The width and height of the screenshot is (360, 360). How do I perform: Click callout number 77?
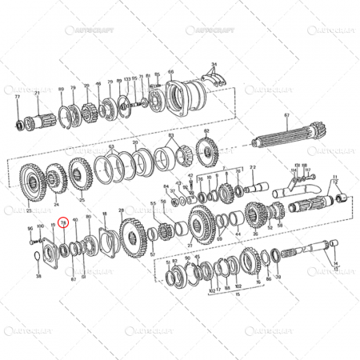(17, 95)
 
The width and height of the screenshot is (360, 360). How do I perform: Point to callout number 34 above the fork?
(214, 64)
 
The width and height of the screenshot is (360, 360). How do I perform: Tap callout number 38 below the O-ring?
(38, 276)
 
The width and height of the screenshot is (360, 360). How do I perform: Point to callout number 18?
(104, 214)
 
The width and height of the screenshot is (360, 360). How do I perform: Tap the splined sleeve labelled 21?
(37, 121)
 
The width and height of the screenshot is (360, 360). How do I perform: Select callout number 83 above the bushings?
(171, 137)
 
